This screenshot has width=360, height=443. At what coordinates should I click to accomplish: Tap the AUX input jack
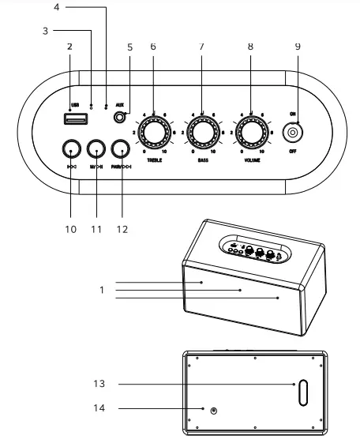(x=121, y=118)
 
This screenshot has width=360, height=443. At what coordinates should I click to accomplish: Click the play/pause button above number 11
(x=96, y=148)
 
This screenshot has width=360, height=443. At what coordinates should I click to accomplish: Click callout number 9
(x=298, y=46)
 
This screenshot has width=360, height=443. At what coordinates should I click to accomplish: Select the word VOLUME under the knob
(x=250, y=160)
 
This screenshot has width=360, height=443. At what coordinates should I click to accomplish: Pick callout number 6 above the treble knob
(x=153, y=46)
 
